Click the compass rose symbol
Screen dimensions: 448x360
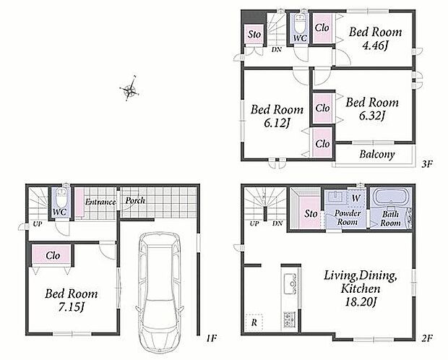[129, 89]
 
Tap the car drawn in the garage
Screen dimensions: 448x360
[160, 292]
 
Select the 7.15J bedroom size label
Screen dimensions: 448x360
[71, 307]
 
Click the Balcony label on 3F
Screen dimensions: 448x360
[377, 155]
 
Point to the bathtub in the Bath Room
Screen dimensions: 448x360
[391, 197]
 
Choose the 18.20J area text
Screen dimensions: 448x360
[361, 302]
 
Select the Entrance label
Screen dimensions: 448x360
[100, 202]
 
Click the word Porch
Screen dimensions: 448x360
[135, 200]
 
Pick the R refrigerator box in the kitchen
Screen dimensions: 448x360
[254, 322]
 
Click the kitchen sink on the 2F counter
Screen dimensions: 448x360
[290, 283]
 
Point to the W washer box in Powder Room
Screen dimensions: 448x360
[356, 197]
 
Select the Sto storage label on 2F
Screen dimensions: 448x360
[311, 213]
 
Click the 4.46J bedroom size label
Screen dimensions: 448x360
[375, 46]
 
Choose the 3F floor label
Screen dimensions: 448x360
[427, 164]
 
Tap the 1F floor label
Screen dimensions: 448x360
[212, 338]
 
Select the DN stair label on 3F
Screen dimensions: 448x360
[276, 49]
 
